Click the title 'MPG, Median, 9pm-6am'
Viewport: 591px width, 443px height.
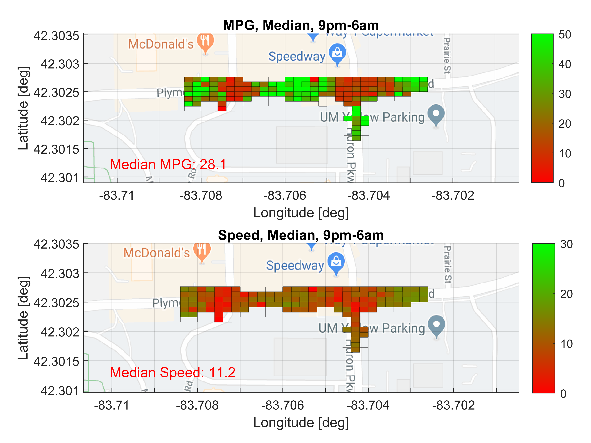301,25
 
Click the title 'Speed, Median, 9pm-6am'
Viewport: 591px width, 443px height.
301,235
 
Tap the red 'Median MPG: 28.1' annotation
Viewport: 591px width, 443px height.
168,164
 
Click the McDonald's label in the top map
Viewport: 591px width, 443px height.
161,44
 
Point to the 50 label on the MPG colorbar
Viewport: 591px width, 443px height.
564,35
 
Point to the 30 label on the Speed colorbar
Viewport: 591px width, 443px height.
566,244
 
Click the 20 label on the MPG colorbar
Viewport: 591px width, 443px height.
564,124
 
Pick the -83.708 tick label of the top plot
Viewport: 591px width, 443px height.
201,196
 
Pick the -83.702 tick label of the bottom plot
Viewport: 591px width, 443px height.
453,405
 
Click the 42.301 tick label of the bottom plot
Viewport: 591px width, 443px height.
60,391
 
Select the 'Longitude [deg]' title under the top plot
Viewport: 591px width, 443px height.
301,213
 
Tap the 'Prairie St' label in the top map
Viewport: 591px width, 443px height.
447,55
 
